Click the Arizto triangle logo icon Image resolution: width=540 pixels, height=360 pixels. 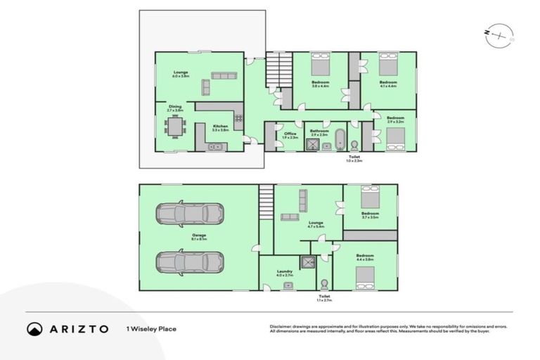(34, 329)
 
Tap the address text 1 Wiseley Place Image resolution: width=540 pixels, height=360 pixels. (150, 329)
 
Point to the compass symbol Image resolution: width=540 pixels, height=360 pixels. (499, 36)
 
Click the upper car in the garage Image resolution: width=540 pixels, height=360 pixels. (190, 213)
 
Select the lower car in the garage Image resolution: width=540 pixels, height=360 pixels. (190, 262)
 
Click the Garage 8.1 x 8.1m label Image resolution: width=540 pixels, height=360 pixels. (199, 237)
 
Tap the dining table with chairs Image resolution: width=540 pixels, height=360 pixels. (176, 127)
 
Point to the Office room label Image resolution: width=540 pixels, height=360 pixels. (290, 134)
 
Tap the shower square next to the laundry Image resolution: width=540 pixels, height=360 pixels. (307, 262)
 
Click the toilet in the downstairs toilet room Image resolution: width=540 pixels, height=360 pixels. (324, 285)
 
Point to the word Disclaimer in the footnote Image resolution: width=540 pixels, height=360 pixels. (282, 326)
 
